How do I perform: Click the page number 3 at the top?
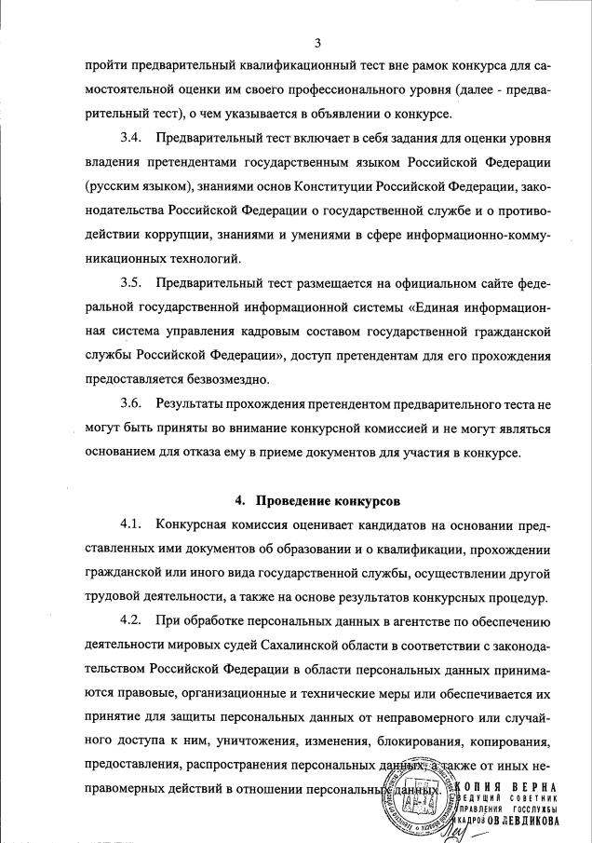(x=317, y=43)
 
